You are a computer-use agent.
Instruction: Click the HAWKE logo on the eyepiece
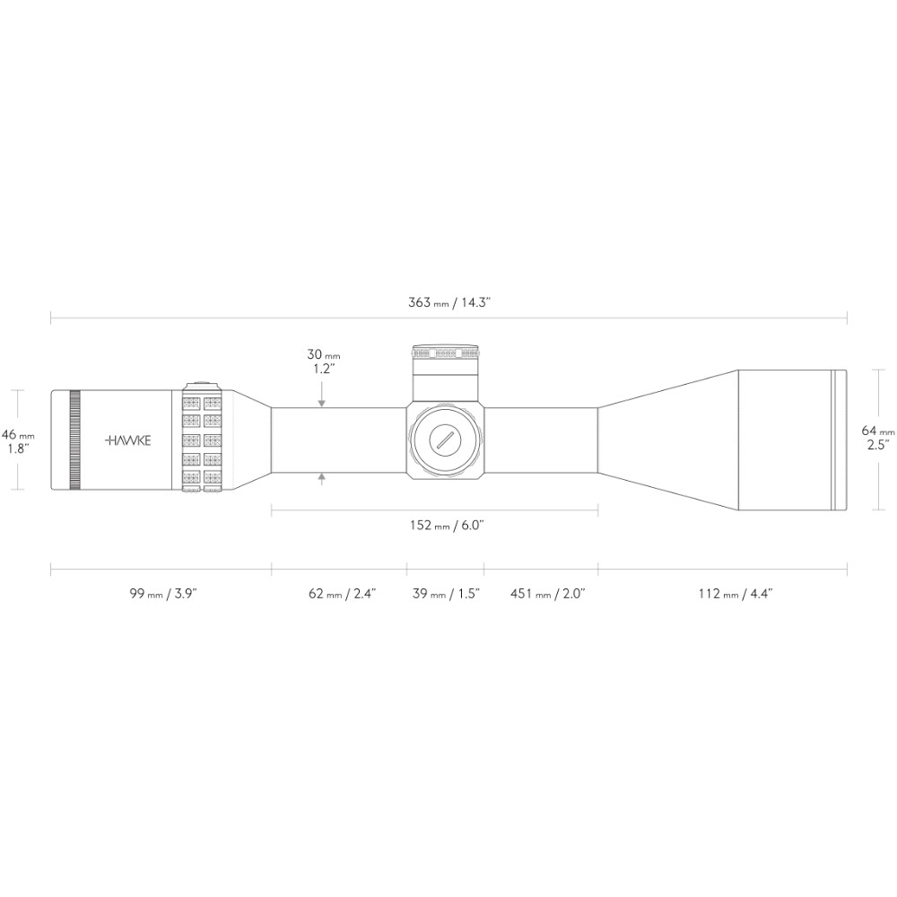tap(128, 440)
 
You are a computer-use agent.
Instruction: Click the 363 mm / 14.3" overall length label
tap(449, 302)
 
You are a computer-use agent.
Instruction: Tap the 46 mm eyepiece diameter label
tap(18, 441)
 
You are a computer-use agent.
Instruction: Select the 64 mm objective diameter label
tap(878, 438)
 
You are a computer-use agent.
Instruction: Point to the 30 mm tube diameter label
tap(324, 361)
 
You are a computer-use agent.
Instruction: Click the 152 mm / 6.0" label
tap(448, 525)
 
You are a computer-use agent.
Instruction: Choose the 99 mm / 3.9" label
tap(163, 593)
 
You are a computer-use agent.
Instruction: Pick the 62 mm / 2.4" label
tap(342, 593)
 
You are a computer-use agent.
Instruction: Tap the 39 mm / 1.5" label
tap(446, 593)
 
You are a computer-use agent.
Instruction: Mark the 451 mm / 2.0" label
tap(547, 593)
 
